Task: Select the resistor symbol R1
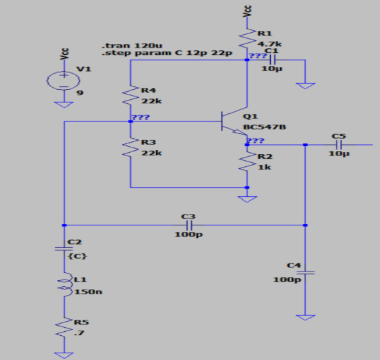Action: click(247, 38)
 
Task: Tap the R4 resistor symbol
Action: click(131, 95)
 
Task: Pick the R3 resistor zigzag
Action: click(131, 147)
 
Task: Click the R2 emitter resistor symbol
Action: click(247, 162)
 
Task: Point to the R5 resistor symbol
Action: click(64, 327)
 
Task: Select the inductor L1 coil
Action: click(65, 284)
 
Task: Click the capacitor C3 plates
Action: click(189, 225)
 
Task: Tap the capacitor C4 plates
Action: click(306, 273)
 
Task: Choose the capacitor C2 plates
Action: click(64, 249)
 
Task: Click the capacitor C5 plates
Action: click(338, 145)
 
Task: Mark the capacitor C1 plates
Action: click(272, 60)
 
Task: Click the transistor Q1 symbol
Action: click(234, 121)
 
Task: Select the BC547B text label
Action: click(265, 127)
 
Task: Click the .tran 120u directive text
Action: click(132, 46)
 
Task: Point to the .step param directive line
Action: click(167, 53)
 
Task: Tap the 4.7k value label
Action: click(269, 44)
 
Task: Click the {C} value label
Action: click(77, 256)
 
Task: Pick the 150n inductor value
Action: click(88, 292)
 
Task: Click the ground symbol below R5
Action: click(64, 355)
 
